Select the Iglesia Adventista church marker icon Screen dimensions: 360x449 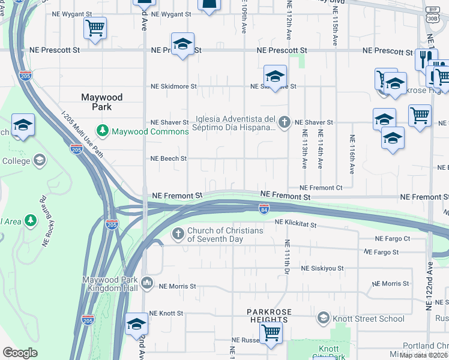pos(285,122)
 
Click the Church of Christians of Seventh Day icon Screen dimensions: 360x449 pos(178,234)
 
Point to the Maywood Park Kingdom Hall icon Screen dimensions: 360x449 pos(148,283)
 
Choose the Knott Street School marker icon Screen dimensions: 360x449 pos(324,318)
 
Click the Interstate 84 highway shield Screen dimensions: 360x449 pos(264,208)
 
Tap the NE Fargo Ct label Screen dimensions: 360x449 pos(392,238)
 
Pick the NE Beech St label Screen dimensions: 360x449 pos(169,159)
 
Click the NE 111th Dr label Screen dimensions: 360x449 pos(288,258)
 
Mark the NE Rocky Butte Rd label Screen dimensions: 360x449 pos(52,222)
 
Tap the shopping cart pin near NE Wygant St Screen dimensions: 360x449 pos(95,28)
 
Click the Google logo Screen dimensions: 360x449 pos(20,353)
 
